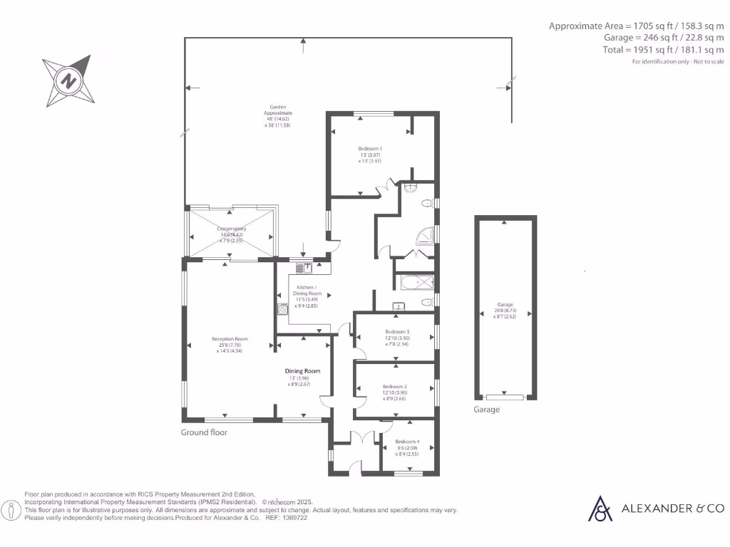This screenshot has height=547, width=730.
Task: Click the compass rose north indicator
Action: tap(68, 80)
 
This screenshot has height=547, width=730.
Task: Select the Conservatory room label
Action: tap(231, 229)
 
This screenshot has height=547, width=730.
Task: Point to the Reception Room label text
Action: tap(230, 339)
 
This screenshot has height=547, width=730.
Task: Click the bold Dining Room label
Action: tap(303, 371)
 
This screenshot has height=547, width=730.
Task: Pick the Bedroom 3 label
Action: tap(397, 332)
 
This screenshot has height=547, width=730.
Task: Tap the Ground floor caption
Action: tap(204, 432)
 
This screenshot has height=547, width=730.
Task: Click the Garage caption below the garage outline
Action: tap(487, 410)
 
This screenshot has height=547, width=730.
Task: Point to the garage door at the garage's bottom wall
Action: tap(505, 396)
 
